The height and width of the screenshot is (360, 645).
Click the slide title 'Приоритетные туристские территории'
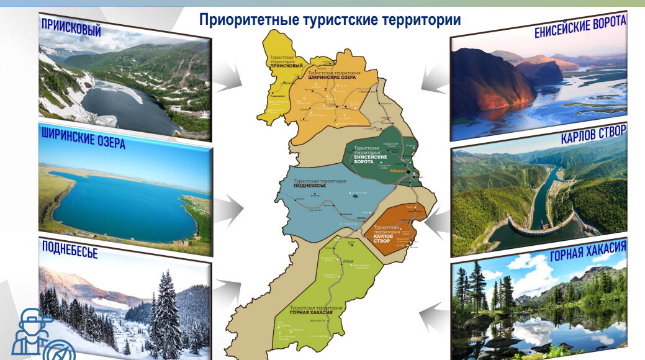330,20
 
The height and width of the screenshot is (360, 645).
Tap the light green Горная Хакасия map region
329,292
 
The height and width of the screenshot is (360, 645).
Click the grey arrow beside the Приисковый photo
233,78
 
